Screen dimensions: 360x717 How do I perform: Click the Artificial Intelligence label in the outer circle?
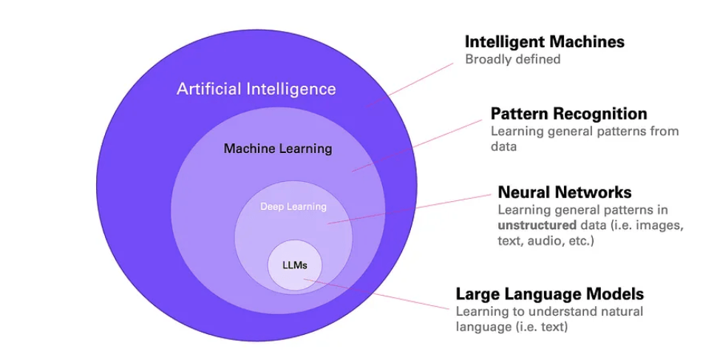(x=256, y=89)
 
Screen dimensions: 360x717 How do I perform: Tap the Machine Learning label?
(x=278, y=149)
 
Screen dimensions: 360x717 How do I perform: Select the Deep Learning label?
(x=293, y=206)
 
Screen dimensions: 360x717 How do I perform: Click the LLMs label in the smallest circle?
(x=294, y=264)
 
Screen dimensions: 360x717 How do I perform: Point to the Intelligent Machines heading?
(x=544, y=41)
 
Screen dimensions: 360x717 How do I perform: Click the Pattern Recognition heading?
(x=568, y=114)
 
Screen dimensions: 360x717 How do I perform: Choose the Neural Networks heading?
(x=565, y=193)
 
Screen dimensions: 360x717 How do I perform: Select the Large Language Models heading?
(x=549, y=293)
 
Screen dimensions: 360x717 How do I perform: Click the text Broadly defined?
(x=512, y=59)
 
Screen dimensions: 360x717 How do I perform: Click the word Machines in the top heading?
(x=588, y=41)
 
